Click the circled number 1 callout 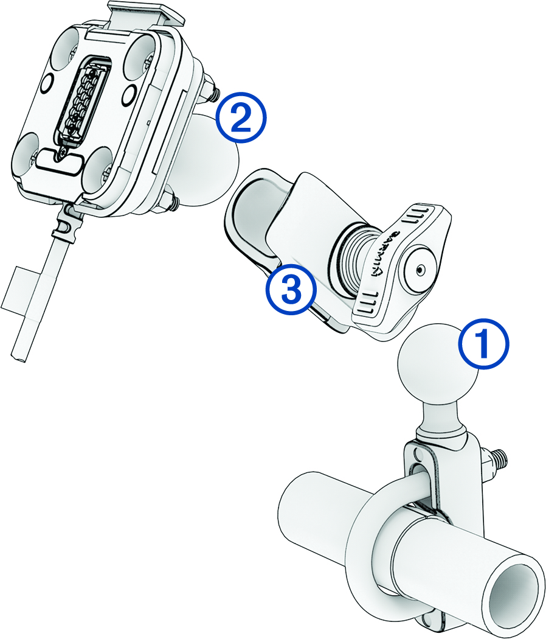[x=484, y=345]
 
